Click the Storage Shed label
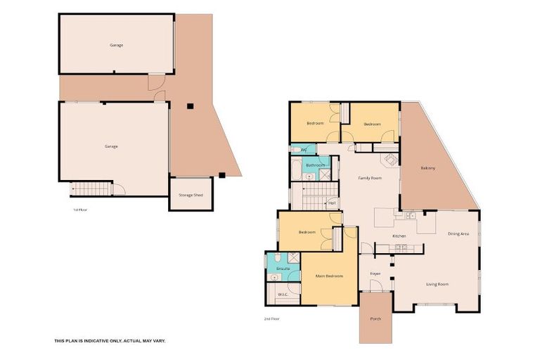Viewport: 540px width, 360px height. [x=191, y=195]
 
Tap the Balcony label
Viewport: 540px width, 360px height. [x=428, y=168]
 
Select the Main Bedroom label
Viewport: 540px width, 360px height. [x=329, y=276]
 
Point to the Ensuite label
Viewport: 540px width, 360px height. [x=283, y=269]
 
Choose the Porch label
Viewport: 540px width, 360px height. [x=375, y=319]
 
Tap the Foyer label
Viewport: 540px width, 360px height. [x=375, y=274]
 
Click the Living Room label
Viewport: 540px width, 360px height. [x=437, y=284]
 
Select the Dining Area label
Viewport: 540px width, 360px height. [x=458, y=233]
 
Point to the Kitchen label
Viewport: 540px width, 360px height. [x=399, y=236]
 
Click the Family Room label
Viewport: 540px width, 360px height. [x=370, y=179]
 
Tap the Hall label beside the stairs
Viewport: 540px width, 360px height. [x=331, y=203]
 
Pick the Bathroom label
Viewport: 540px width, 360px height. [x=316, y=165]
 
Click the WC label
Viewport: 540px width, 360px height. [x=304, y=150]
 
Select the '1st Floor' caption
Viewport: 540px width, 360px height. [x=79, y=210]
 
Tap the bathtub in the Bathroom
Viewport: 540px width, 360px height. [x=296, y=169]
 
